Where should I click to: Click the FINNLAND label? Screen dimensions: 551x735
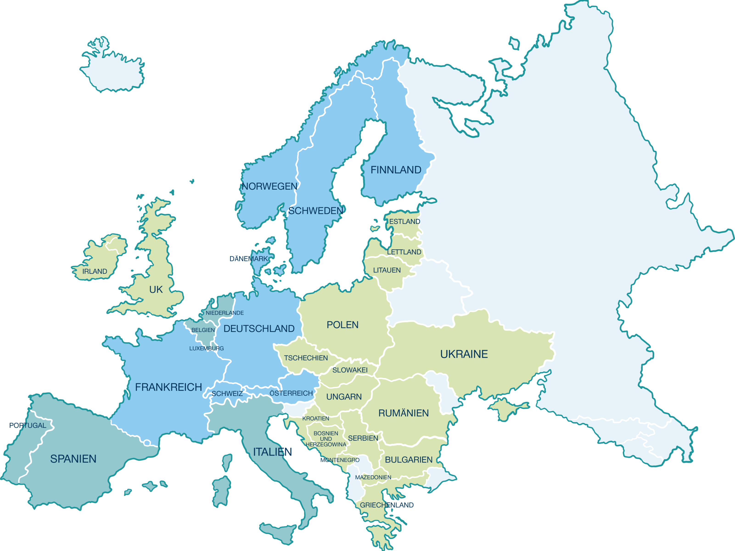point(396,170)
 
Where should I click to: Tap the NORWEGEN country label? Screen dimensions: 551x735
point(269,186)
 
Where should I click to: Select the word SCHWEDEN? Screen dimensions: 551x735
point(315,211)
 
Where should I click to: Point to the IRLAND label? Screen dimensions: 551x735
point(95,272)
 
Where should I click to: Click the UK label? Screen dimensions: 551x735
point(156,290)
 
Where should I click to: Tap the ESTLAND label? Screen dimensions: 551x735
point(404,221)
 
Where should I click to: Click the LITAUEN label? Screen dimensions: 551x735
point(387,270)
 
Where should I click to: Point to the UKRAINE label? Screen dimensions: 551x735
point(464,354)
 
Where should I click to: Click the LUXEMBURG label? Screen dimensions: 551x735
point(206,348)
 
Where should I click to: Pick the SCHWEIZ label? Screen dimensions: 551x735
point(227,394)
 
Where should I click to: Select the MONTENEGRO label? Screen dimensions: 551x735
point(339,460)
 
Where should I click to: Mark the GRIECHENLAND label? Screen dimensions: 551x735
point(387,505)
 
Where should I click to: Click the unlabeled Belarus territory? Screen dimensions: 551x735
point(429,292)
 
